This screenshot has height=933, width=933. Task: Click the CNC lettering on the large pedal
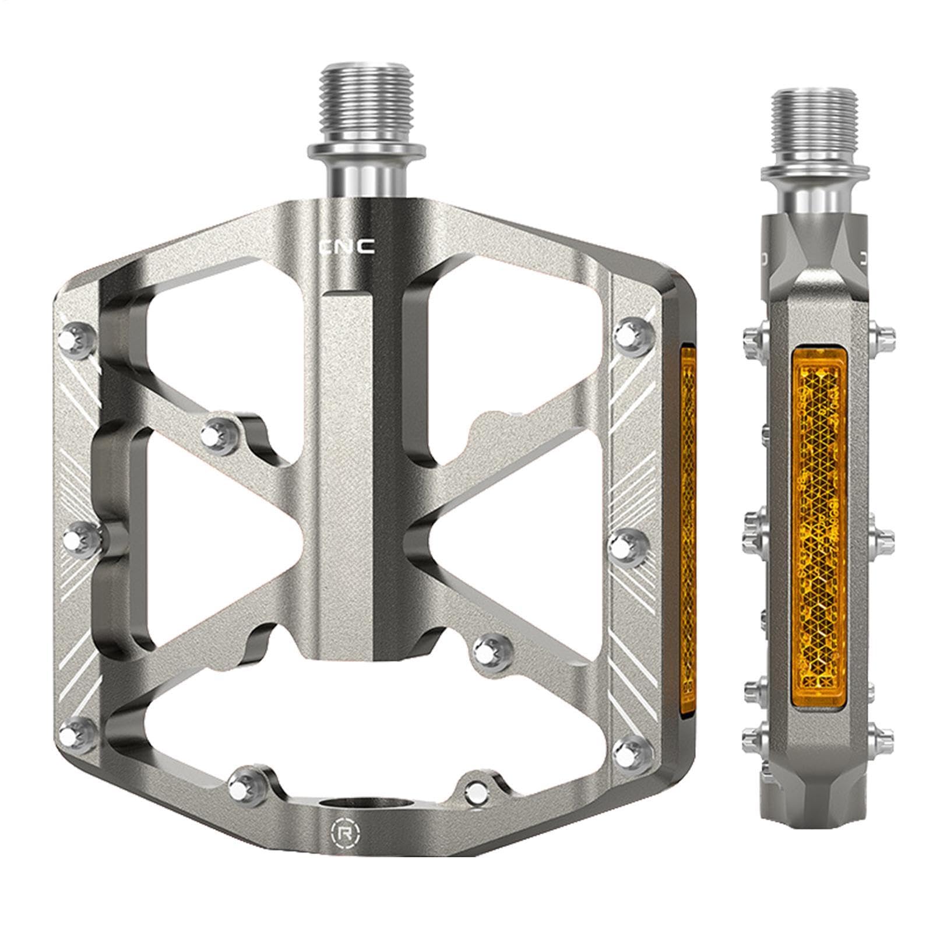click(348, 247)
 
